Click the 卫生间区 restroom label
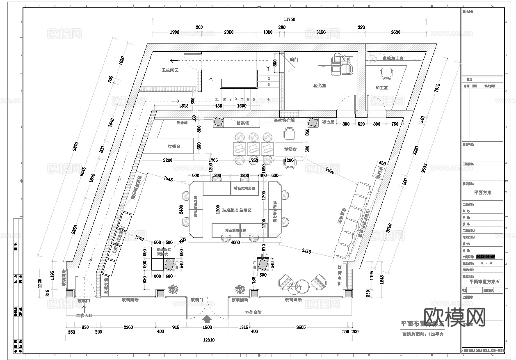[x=170, y=70]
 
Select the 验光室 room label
[x=319, y=86]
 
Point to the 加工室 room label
[x=381, y=88]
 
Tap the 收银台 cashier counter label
[x=174, y=146]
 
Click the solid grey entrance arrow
[x=208, y=318]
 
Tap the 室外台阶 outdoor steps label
[x=253, y=312]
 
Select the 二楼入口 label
[x=84, y=316]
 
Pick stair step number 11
[x=217, y=99]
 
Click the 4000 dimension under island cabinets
[x=235, y=242]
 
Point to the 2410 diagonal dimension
[x=306, y=251]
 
